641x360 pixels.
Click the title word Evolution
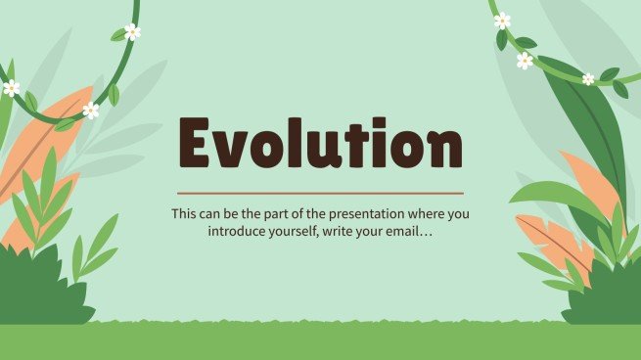(320, 145)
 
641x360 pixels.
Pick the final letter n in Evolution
(443, 149)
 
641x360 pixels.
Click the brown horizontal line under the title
(320, 193)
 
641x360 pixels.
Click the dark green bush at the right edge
(606, 293)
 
